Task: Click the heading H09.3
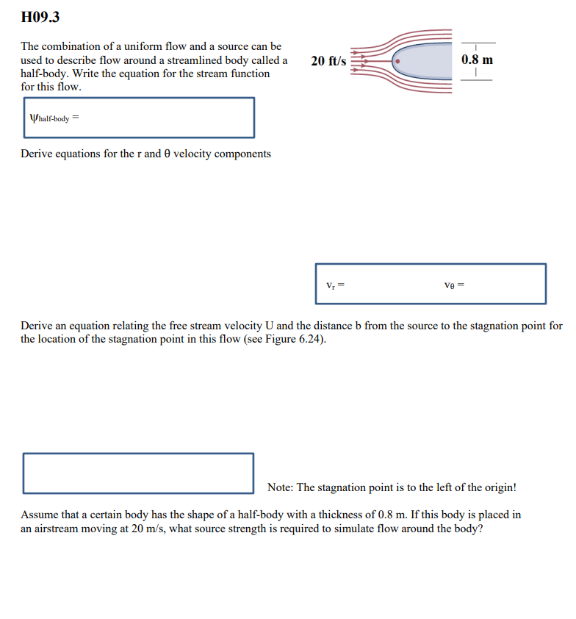[x=40, y=16]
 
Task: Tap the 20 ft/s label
[x=328, y=61]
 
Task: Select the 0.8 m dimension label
[x=478, y=60]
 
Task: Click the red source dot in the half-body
[x=397, y=62]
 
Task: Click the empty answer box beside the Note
[x=138, y=473]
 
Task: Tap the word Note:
[x=281, y=487]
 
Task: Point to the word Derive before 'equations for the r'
[x=37, y=154]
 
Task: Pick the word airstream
[x=60, y=529]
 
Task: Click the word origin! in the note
[x=499, y=487]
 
